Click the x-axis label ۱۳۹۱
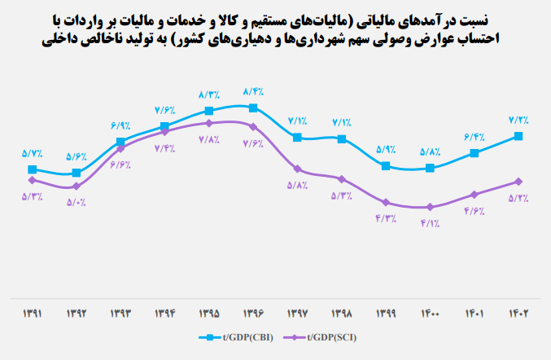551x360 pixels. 32,313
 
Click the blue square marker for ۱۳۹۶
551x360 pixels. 254,108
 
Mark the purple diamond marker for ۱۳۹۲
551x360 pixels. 77,187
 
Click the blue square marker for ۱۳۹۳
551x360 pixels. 120,142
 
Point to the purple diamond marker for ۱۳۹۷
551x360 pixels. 298,169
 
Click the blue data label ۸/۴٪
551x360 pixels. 255,91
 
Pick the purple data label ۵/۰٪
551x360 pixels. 77,203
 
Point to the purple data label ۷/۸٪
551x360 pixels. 209,139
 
